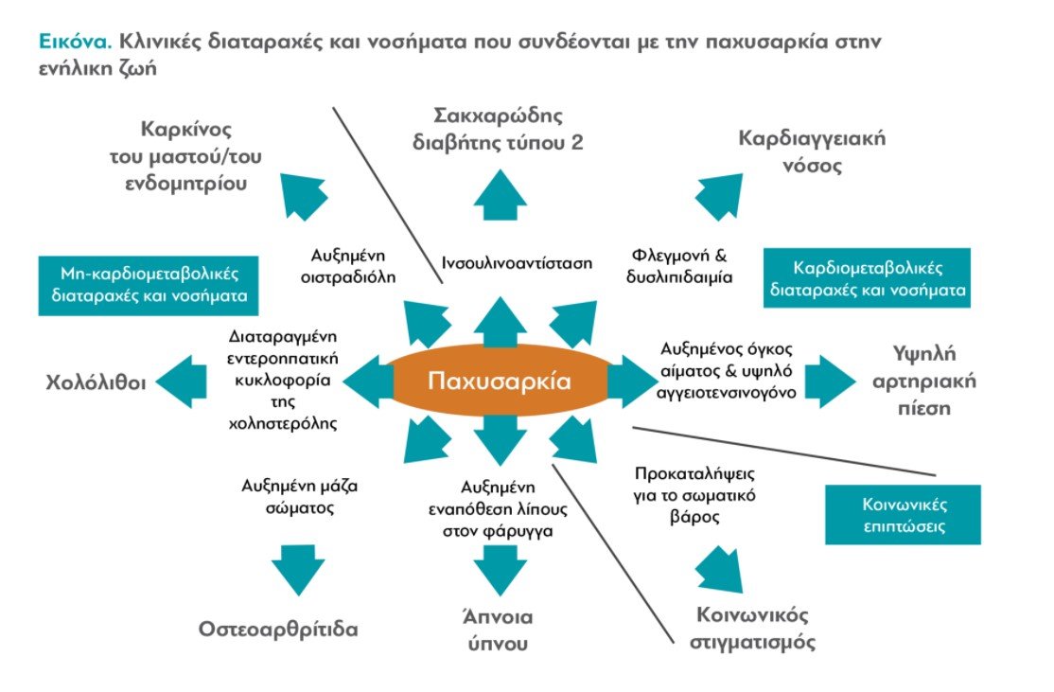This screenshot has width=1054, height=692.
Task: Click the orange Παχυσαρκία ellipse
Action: click(500, 381)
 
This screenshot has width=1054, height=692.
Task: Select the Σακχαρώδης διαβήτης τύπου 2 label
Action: click(498, 129)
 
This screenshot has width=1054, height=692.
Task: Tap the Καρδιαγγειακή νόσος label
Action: click(812, 151)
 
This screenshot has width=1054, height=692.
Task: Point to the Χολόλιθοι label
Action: click(96, 382)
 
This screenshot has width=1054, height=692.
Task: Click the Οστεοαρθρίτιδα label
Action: click(277, 630)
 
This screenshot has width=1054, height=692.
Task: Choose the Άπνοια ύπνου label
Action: click(498, 630)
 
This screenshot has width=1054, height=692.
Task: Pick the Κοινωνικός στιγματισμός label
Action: click(752, 629)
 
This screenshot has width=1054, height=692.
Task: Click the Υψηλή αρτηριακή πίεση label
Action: click(923, 381)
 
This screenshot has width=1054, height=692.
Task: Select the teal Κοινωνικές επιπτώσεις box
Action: click(903, 514)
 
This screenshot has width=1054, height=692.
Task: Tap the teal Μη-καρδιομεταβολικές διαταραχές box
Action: click(149, 285)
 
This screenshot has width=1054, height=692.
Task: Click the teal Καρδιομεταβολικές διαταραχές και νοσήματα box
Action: click(867, 277)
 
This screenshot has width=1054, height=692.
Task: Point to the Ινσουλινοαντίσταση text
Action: click(517, 263)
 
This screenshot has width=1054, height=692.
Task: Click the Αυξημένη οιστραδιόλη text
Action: click(348, 266)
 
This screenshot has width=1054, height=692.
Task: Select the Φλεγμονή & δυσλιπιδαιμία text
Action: click(679, 266)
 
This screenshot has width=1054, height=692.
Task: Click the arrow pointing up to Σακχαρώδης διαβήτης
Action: click(500, 194)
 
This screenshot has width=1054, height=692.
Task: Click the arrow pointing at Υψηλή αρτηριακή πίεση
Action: click(830, 381)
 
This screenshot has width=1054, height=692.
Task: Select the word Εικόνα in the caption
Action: click(75, 42)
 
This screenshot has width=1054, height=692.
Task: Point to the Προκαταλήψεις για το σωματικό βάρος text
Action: click(694, 496)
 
